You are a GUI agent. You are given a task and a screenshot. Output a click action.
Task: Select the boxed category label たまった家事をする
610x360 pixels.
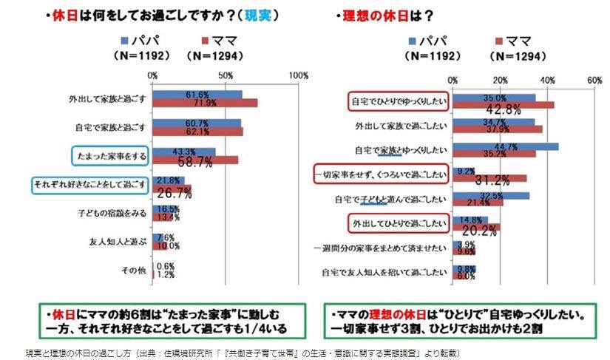(110, 154)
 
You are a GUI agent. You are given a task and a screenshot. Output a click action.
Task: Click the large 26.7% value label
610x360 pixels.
(175, 193)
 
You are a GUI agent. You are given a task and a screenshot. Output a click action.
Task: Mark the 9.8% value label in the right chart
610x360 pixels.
(466, 269)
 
